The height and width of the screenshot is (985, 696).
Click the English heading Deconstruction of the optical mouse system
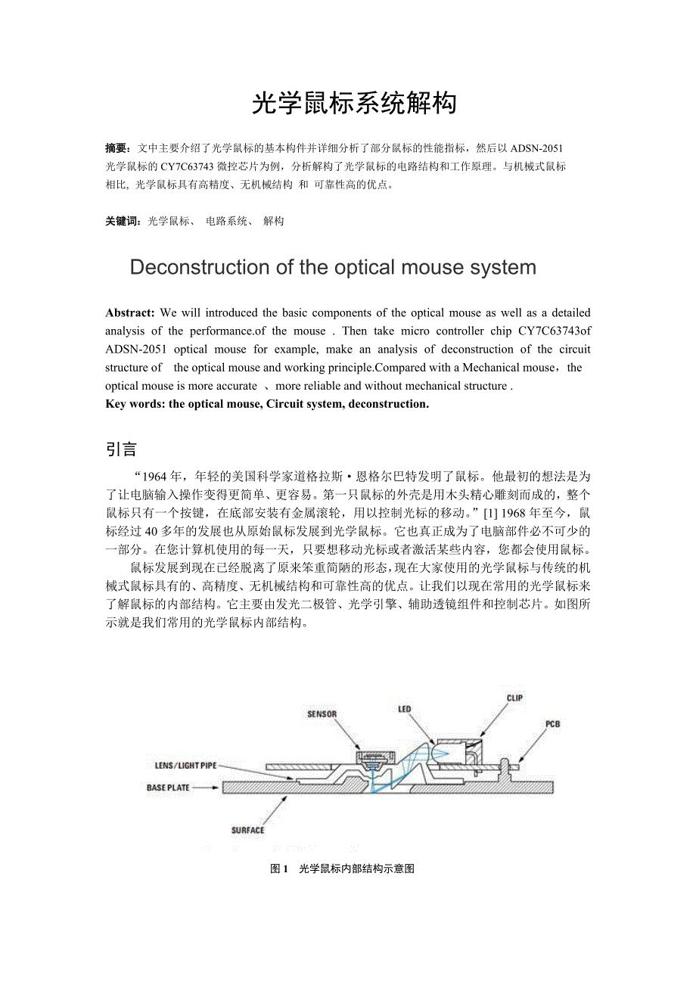(x=333, y=267)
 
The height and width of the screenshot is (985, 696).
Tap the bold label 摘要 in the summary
(x=117, y=148)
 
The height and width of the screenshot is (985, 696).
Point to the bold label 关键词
(x=123, y=222)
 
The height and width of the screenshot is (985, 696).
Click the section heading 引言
(x=121, y=449)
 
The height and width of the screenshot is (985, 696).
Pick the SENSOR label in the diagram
(x=322, y=713)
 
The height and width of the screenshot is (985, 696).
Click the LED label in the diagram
(x=405, y=709)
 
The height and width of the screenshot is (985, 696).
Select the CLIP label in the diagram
(x=514, y=698)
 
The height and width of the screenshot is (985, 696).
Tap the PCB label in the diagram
(x=553, y=724)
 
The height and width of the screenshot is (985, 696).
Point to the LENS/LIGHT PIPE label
(x=185, y=766)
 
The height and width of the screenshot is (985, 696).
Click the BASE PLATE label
(x=168, y=788)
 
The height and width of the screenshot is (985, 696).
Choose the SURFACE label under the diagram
(x=247, y=831)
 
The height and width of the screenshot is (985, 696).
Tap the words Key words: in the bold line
(x=135, y=404)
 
